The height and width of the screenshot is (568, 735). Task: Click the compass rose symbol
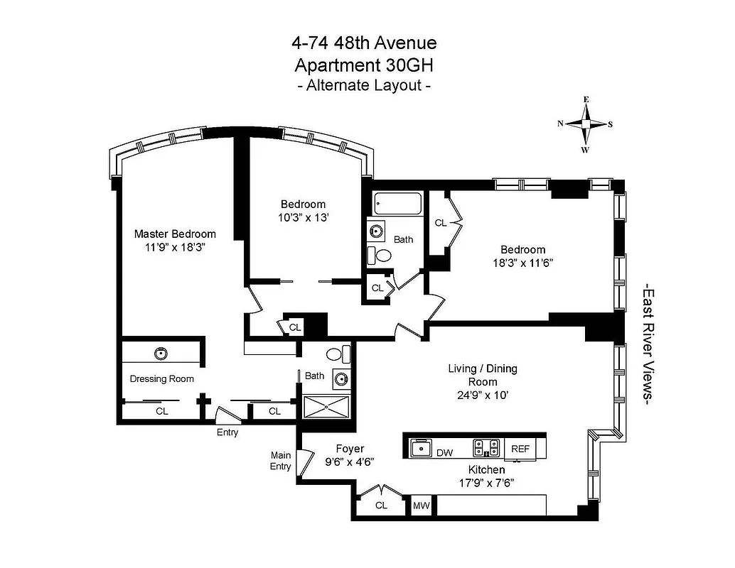point(586,124)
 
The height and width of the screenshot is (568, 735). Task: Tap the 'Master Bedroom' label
point(175,234)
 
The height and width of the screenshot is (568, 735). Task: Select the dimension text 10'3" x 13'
point(303,218)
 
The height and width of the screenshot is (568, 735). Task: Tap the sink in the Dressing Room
point(161,353)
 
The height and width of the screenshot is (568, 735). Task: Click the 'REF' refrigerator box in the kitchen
point(520,449)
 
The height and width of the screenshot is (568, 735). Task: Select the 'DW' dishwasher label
point(445,452)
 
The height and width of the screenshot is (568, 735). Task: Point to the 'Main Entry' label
point(280,461)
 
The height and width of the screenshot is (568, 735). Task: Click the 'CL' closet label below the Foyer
point(381,506)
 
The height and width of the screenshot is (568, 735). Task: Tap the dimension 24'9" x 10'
point(482,395)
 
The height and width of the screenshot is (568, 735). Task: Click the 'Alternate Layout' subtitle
point(363,85)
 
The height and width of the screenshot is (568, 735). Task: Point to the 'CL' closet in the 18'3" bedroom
point(441,222)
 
